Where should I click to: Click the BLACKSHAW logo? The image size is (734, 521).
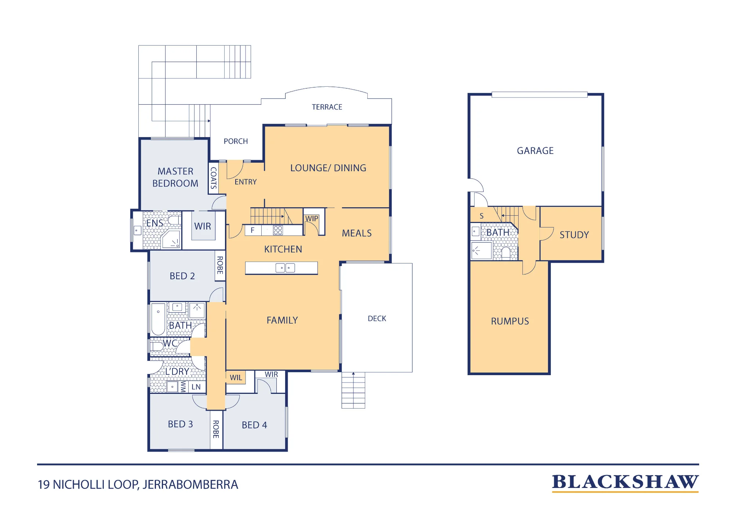pyautogui.click(x=625, y=483)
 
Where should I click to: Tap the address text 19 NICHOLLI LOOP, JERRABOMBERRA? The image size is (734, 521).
pyautogui.click(x=138, y=485)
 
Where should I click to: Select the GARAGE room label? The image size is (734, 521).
pyautogui.click(x=535, y=151)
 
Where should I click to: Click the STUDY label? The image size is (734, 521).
pyautogui.click(x=574, y=235)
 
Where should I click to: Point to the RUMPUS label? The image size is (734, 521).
pyautogui.click(x=510, y=321)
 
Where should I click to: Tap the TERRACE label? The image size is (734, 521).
pyautogui.click(x=327, y=107)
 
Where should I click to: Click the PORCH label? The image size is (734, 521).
pyautogui.click(x=236, y=141)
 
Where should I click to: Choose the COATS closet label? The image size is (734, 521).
pyautogui.click(x=213, y=178)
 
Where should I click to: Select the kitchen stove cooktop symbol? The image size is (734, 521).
pyautogui.click(x=278, y=230)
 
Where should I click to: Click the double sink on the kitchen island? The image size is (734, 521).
pyautogui.click(x=285, y=268)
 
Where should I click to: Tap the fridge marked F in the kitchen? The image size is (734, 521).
pyautogui.click(x=253, y=230)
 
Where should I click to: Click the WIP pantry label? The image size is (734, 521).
pyautogui.click(x=312, y=219)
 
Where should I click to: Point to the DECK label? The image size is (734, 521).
pyautogui.click(x=377, y=319)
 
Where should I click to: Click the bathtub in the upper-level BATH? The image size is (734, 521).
pyautogui.click(x=158, y=319)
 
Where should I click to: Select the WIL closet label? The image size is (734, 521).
pyautogui.click(x=236, y=378)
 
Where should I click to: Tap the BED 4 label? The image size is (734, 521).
pyautogui.click(x=254, y=425)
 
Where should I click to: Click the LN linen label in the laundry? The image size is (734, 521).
pyautogui.click(x=196, y=387)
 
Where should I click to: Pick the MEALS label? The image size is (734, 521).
pyautogui.click(x=357, y=233)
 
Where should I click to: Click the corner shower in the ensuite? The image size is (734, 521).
pyautogui.click(x=171, y=239)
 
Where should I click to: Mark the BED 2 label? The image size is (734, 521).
pyautogui.click(x=182, y=276)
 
